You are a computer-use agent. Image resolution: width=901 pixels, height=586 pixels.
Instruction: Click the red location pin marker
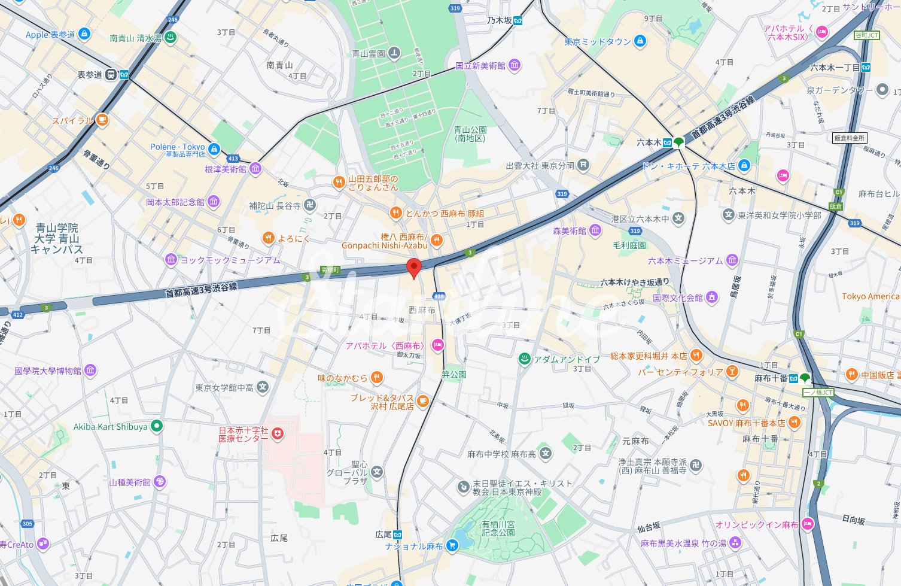pos(413,268)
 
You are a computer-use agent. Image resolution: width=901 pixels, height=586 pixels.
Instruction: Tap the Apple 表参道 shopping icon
pos(84,34)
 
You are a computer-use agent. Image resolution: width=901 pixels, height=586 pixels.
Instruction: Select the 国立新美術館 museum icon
pos(514,65)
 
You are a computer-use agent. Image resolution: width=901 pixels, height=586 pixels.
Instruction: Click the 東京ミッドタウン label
pos(598,41)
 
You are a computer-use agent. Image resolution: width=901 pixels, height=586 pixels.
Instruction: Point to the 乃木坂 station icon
pos(518,20)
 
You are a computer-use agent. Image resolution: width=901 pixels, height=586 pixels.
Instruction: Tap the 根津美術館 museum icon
pos(255,169)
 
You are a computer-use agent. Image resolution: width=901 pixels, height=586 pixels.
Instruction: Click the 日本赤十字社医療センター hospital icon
pos(277,434)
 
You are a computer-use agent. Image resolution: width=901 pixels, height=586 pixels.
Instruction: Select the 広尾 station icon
pos(397,534)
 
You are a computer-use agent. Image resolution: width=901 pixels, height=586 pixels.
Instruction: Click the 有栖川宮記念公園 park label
pos(498,528)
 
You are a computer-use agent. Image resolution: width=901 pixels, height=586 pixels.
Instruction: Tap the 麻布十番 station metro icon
pos(793,378)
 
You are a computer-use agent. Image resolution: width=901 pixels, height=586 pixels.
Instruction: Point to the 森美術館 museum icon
pos(595,230)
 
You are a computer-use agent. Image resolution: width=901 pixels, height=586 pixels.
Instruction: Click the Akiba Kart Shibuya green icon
pos(156,426)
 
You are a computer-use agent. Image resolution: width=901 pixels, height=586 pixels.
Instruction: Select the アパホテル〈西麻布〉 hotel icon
pos(437,345)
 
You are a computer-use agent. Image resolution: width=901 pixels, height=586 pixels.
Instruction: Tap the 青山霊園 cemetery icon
pos(394,53)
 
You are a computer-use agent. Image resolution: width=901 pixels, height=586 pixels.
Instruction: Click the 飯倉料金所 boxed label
pos(850,138)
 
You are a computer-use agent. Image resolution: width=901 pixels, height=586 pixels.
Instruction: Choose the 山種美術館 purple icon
pos(160,482)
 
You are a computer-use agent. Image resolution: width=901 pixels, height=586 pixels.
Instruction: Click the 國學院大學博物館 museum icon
pos(90,371)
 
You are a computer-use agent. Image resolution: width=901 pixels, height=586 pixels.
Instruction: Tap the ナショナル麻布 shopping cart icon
pos(452,545)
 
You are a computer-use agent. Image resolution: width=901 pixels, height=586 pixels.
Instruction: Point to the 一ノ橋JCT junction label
pos(818,393)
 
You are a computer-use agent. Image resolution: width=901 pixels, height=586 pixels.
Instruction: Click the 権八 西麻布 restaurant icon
pos(437,241)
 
